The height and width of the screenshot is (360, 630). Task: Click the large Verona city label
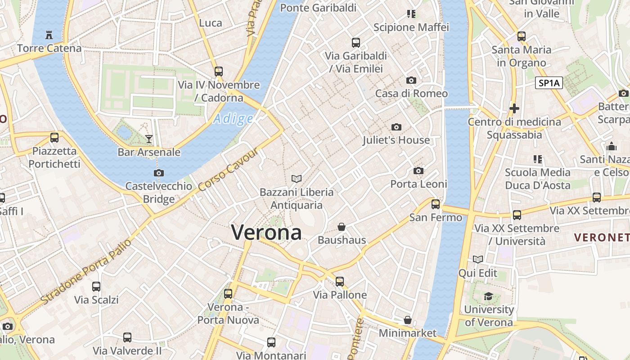coord(266,232)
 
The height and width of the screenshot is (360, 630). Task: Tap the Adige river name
coord(233,119)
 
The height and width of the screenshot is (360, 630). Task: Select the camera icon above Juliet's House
coord(396,127)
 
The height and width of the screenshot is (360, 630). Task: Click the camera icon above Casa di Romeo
coord(411,81)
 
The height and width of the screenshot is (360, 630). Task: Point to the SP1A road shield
coord(549,83)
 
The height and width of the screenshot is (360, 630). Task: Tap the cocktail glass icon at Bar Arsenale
coord(149,139)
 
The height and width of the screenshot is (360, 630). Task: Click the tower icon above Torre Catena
coord(49,35)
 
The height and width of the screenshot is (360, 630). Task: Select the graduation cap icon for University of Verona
coord(488,296)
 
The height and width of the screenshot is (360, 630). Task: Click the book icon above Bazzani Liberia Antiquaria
coord(296,179)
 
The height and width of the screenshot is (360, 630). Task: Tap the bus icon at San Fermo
coord(436,204)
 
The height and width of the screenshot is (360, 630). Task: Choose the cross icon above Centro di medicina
coord(514,108)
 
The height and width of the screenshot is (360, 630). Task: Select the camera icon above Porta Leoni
coord(418,171)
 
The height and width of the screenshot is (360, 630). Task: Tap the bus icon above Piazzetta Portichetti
coord(54,138)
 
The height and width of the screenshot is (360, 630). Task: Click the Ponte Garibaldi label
coord(318,8)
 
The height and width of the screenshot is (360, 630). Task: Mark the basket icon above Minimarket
coord(408,320)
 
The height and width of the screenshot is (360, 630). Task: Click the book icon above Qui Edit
coord(478,260)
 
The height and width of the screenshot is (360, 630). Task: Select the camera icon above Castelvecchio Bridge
coord(159,173)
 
